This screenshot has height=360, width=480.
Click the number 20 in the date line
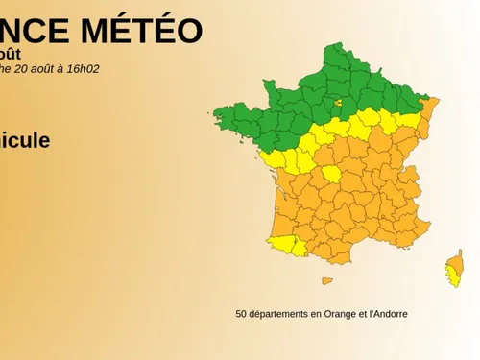click(x=23, y=68)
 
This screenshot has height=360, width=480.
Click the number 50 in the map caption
click(x=241, y=313)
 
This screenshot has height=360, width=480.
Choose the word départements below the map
click(x=279, y=313)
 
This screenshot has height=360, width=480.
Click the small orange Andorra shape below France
click(x=326, y=281)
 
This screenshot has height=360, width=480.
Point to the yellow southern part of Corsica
click(x=452, y=277)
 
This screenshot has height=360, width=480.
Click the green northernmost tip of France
click(x=331, y=49)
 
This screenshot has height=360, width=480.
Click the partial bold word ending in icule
click(x=25, y=141)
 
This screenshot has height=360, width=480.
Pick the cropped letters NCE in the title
click(x=35, y=32)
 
